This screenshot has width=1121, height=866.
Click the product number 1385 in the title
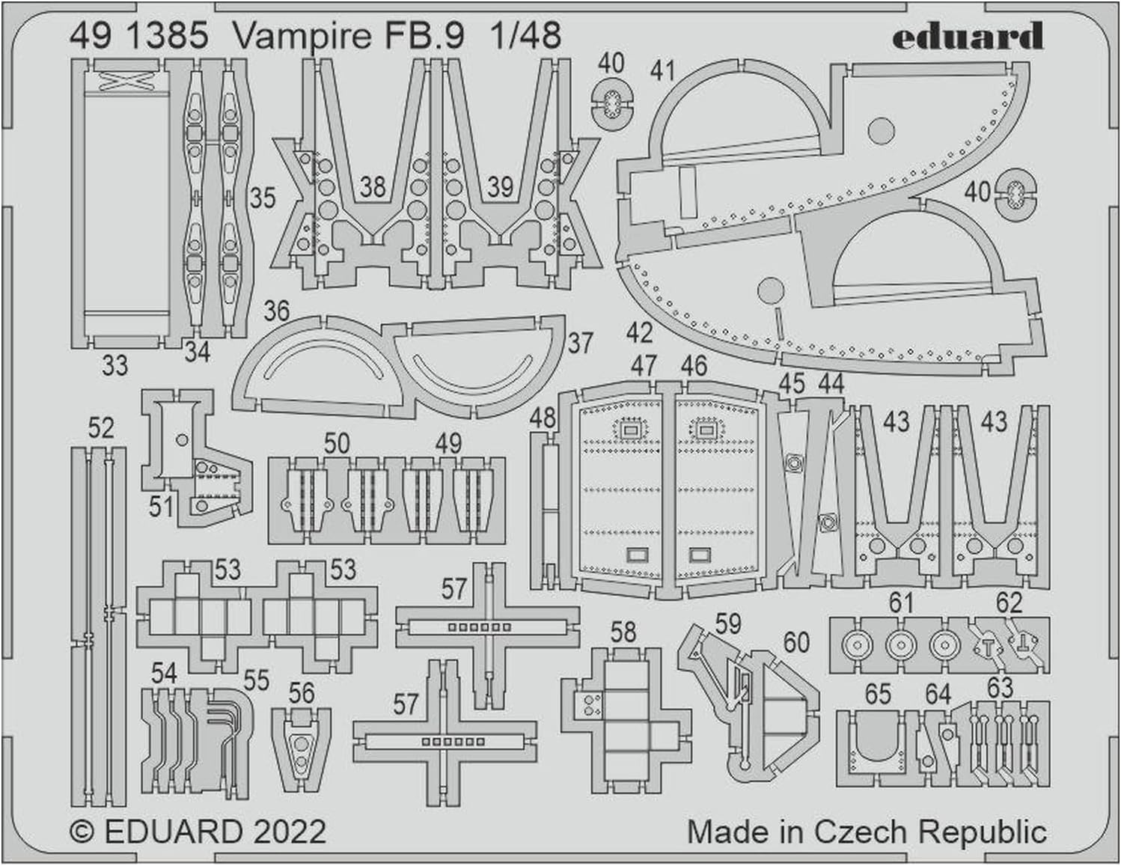click(x=168, y=35)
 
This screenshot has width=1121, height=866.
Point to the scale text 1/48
click(x=525, y=35)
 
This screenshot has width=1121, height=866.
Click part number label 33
click(x=114, y=366)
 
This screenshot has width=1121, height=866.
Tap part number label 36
click(x=276, y=311)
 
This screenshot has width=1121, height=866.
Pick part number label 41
click(x=662, y=70)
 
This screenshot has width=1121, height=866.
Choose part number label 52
click(x=100, y=427)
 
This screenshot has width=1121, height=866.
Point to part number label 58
click(x=623, y=632)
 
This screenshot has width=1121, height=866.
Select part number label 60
click(x=796, y=642)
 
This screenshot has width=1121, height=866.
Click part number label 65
click(x=878, y=694)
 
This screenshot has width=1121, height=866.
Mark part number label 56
click(x=302, y=693)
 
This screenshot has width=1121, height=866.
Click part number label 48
click(x=543, y=418)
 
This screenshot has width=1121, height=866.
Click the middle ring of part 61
click(x=900, y=644)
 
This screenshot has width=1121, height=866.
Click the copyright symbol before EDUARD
click(x=81, y=832)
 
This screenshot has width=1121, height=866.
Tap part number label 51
click(x=161, y=507)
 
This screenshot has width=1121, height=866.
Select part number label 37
click(x=580, y=343)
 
